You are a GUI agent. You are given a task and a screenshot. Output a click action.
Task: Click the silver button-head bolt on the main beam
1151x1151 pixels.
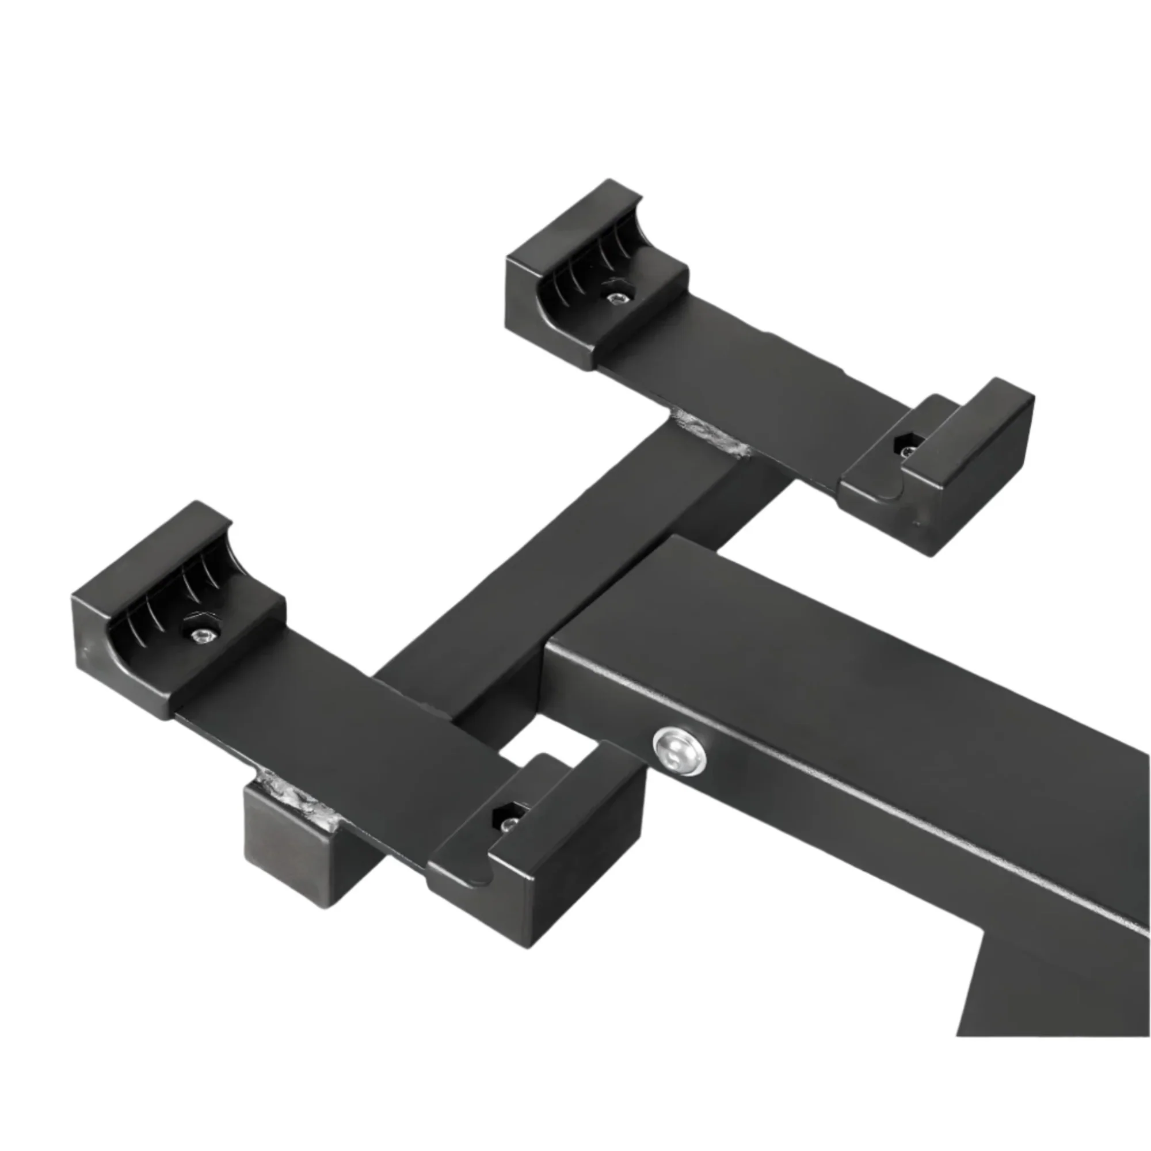click(x=679, y=749)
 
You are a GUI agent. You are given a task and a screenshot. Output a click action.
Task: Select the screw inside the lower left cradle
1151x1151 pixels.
click(x=203, y=636)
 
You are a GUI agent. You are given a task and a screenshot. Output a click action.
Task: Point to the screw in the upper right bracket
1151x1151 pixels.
click(x=907, y=451)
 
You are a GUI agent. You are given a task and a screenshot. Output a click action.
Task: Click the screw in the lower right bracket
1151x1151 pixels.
click(x=510, y=825)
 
